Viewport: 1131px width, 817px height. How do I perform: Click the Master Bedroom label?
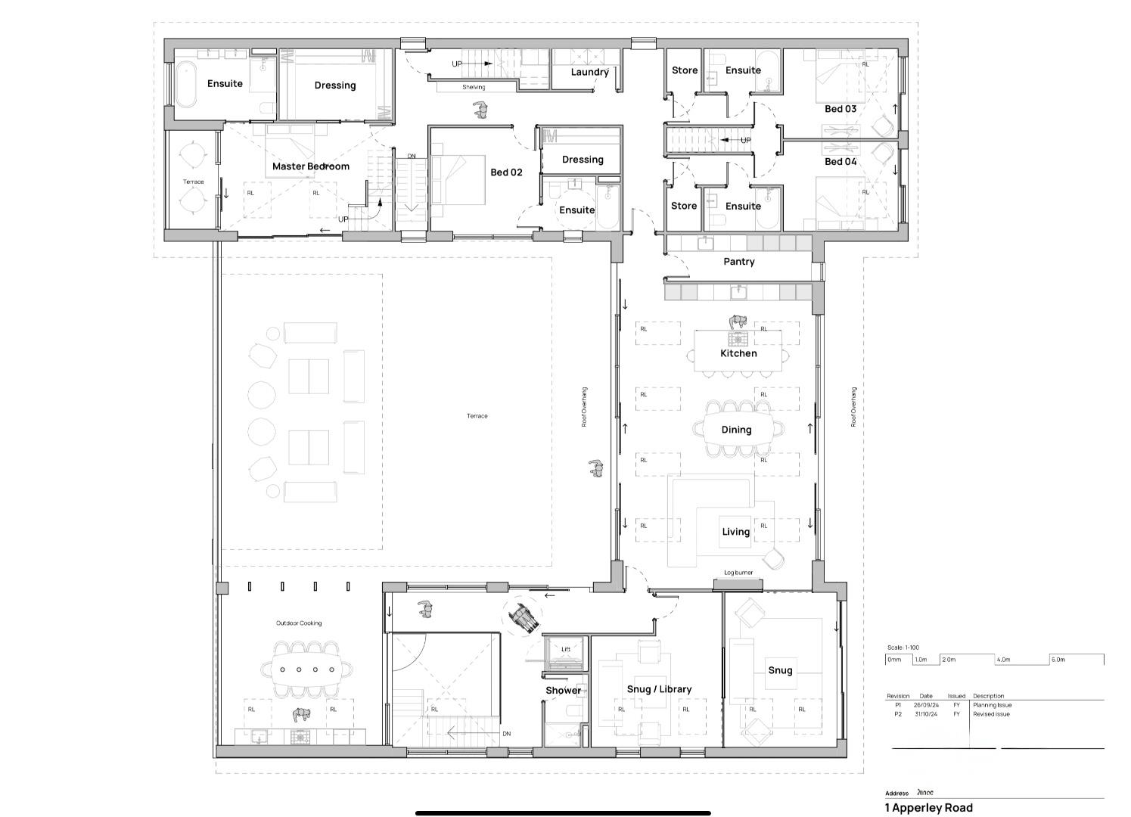point(310,166)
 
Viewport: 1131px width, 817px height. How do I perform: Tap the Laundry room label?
point(589,73)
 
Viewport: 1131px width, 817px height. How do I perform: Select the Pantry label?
point(738,262)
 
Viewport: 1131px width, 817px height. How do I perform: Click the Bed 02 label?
point(506,172)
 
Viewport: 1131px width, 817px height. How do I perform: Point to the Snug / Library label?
point(659,689)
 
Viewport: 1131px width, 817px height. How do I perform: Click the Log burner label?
point(738,573)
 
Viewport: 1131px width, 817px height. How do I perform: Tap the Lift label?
point(566,649)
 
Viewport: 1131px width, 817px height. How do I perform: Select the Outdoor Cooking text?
point(299,623)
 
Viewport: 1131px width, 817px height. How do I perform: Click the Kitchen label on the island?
point(738,353)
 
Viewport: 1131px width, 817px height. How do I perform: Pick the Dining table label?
point(736,430)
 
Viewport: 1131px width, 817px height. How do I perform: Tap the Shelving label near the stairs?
point(474,87)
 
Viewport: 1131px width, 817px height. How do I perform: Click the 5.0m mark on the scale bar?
point(1058,660)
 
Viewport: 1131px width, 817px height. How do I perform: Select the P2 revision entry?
point(898,714)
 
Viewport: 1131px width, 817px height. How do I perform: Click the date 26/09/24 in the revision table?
point(926,705)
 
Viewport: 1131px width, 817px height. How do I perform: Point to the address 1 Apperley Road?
point(928,807)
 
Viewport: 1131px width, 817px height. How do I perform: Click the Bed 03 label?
point(840,109)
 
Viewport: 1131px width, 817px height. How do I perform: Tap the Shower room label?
point(564,691)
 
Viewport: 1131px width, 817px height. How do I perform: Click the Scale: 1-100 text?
point(903,648)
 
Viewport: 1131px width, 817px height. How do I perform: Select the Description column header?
point(988,696)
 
